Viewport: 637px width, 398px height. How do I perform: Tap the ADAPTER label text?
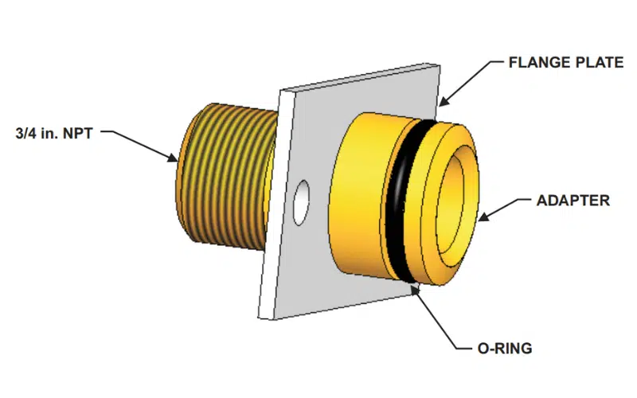click(x=568, y=201)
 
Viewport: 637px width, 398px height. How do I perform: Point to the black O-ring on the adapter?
click(x=397, y=199)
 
